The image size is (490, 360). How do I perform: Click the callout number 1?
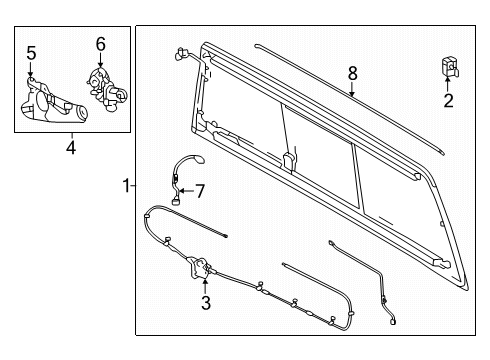click(125, 186)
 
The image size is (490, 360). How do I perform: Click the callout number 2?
click(448, 100)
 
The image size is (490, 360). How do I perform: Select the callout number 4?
click(71, 149)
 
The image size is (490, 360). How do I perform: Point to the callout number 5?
click(31, 52)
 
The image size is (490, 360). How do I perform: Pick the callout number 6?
click(100, 44)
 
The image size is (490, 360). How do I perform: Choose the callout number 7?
click(199, 189)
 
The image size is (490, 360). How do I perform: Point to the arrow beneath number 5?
click(32, 70)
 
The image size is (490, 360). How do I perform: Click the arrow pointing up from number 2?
click(448, 85)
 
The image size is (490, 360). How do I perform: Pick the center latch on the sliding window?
click(289, 159)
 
